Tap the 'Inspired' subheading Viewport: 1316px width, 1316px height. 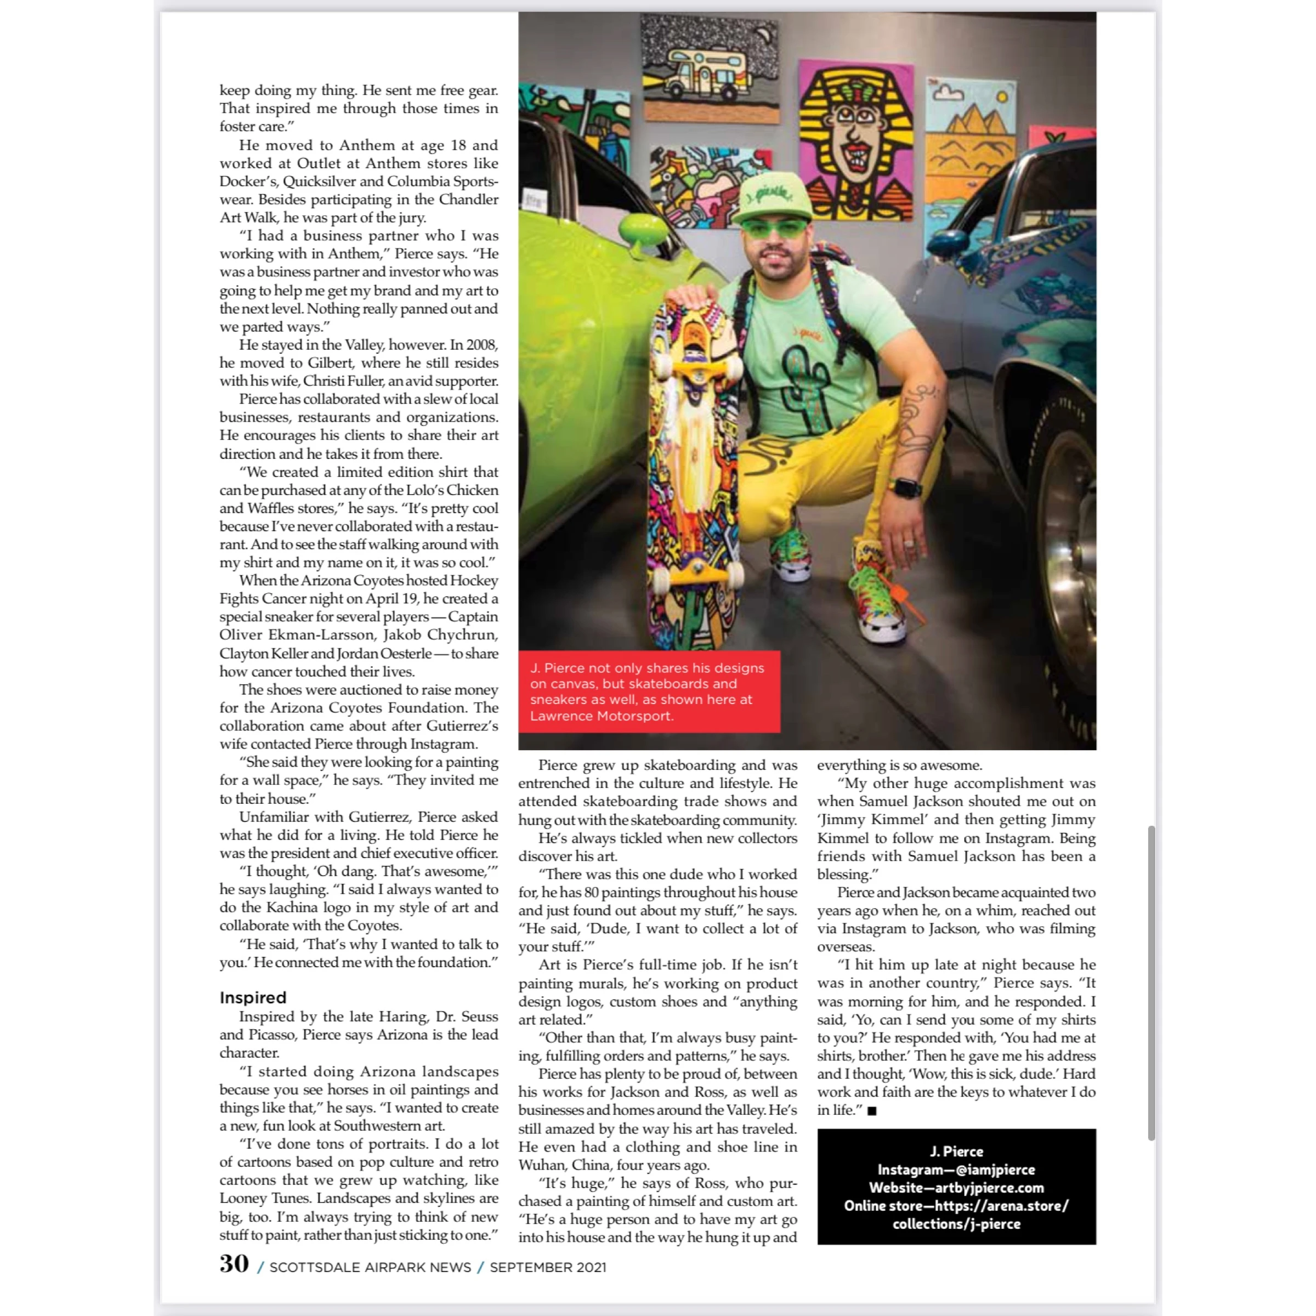253,997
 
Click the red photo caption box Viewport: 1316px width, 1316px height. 649,691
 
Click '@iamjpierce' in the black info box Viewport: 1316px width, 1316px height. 995,1170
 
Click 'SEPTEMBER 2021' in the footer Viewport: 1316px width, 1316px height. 548,1267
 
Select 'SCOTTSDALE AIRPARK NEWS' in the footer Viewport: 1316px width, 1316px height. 370,1267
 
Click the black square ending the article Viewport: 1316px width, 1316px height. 872,1111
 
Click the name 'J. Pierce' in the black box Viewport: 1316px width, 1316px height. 956,1151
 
